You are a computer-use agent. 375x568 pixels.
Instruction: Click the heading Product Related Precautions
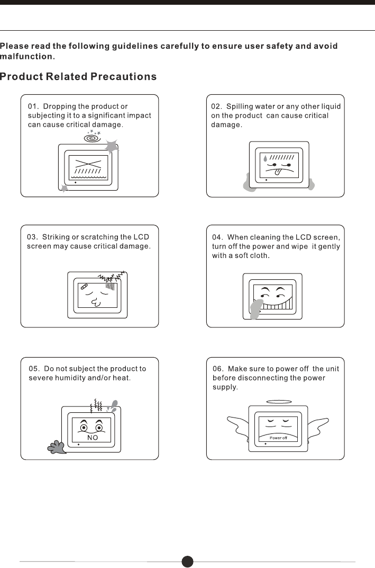coord(78,77)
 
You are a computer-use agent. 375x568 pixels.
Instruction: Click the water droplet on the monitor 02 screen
coord(265,158)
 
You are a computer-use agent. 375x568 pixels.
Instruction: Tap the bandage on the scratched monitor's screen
coord(84,286)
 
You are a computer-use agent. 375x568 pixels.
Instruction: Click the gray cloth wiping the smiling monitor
coord(256,308)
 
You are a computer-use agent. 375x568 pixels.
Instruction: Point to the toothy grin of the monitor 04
coord(278,304)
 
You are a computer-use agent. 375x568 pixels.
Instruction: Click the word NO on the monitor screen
coord(93,438)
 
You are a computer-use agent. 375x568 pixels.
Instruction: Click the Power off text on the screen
coord(278,438)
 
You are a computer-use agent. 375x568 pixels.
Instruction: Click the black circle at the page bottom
coord(187,562)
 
